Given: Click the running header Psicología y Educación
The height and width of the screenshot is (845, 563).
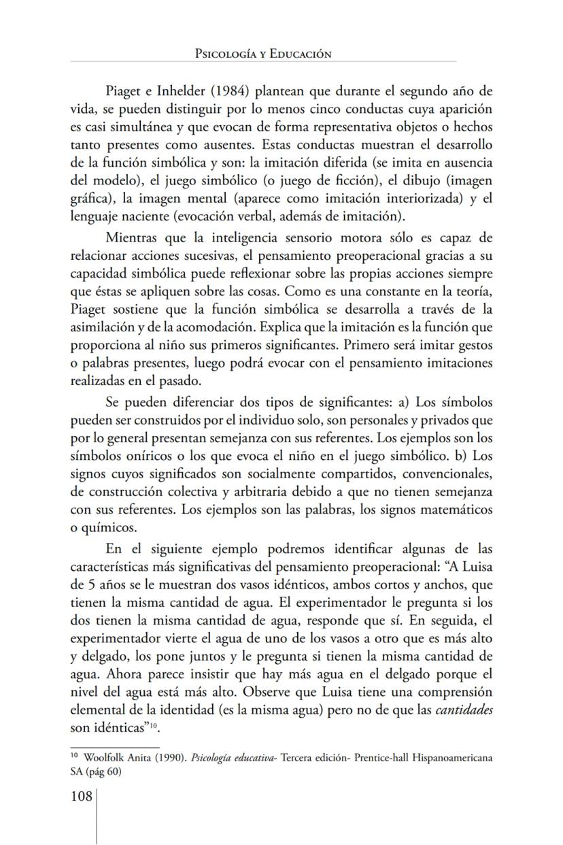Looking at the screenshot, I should pyautogui.click(x=262, y=54).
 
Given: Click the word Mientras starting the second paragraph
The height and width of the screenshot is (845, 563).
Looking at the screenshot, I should pyautogui.click(x=135, y=237).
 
